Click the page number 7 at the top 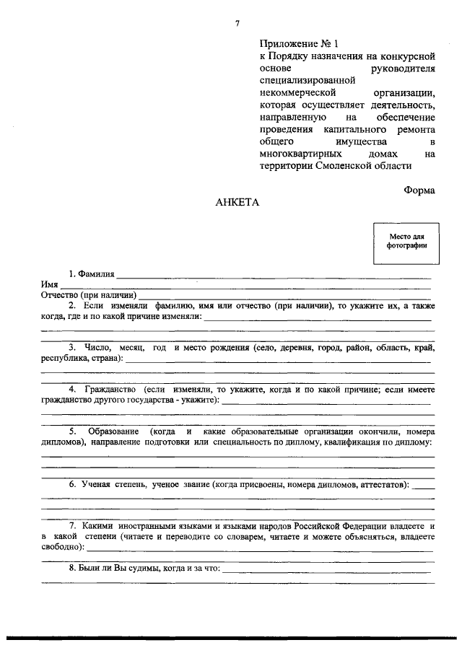[236, 25]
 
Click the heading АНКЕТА [236, 203]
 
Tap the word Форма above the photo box [419, 191]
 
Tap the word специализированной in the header [307, 81]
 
